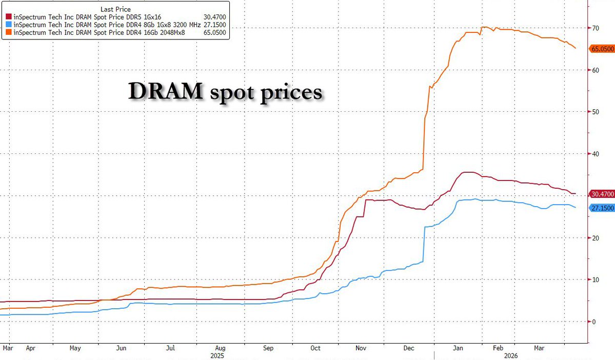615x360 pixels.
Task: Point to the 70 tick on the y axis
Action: [595, 28]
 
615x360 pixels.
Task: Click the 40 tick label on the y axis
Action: [595, 154]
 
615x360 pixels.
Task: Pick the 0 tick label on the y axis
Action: [593, 322]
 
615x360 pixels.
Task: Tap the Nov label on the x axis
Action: [362, 348]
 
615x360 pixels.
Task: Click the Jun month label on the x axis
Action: [122, 348]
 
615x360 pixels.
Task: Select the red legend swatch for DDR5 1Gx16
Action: [9, 17]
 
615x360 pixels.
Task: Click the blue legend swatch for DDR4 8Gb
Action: [9, 24]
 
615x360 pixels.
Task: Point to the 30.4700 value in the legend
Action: [215, 17]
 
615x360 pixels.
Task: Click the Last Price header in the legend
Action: [115, 9]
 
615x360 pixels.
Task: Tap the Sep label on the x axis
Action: [268, 348]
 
